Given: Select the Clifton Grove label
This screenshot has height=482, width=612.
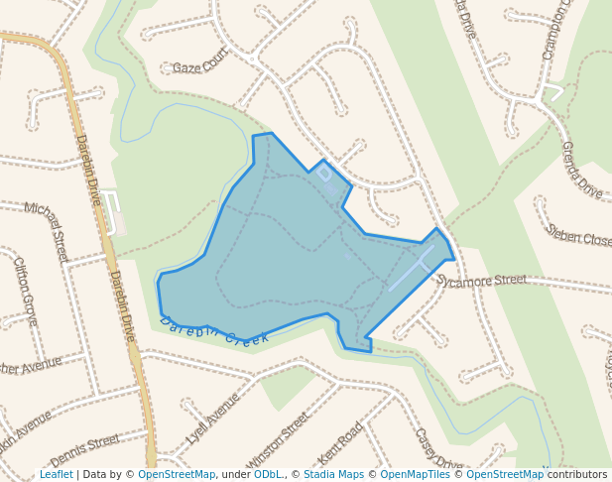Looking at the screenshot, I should (25, 292).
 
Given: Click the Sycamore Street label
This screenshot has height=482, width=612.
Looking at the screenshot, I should (482, 281).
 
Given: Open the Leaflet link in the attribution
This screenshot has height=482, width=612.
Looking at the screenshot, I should (57, 475).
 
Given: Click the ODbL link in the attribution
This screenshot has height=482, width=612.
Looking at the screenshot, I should (267, 475).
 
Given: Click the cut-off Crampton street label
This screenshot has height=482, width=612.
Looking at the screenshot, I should (558, 30).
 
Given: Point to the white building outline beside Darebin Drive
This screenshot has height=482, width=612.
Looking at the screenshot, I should (110, 212).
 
